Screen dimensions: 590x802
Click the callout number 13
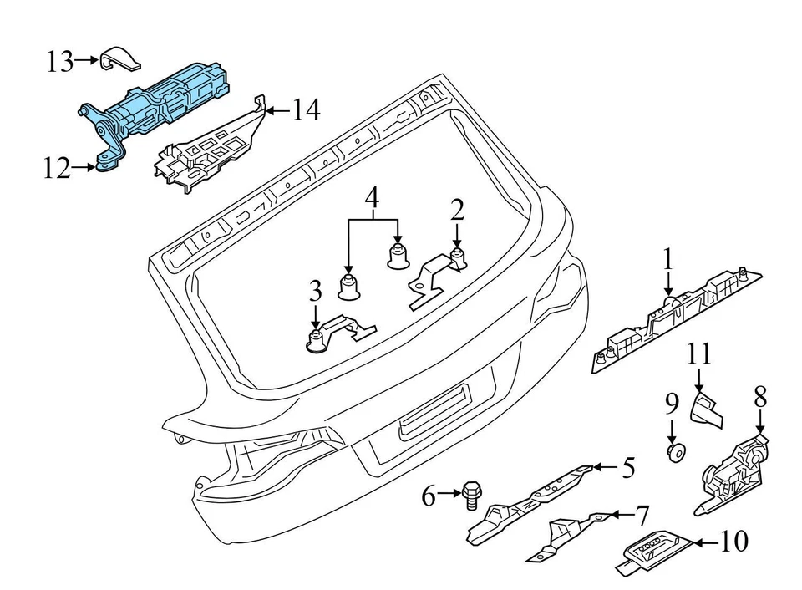tap(59, 61)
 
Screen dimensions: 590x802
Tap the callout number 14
tap(305, 109)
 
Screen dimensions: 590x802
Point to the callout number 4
tap(373, 199)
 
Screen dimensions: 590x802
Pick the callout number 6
tap(429, 498)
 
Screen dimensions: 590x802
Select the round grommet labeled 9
tap(674, 453)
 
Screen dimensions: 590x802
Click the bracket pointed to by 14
tap(209, 145)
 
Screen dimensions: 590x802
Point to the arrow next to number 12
tap(84, 168)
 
